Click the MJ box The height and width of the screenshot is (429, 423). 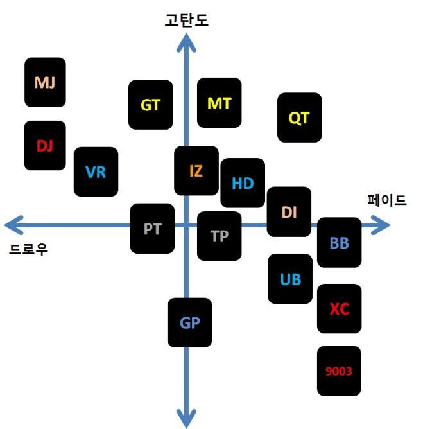tap(45, 82)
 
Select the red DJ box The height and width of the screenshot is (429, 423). tap(45, 145)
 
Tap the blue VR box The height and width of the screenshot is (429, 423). tap(96, 171)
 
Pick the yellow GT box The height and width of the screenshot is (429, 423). tap(151, 105)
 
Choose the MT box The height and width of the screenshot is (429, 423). tap(219, 103)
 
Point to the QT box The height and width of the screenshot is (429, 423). tap(299, 118)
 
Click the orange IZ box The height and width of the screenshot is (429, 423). tap(196, 171)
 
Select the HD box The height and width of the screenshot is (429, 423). tap(243, 183)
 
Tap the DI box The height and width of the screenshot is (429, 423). tap(289, 211)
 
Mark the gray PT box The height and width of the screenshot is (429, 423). tap(152, 228)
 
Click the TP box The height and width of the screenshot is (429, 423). tap(220, 236)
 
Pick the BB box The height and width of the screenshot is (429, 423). tap(339, 243)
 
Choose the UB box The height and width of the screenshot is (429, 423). tap(290, 279)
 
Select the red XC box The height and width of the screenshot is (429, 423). tap(339, 308)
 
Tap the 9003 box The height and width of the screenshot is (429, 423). tap(339, 371)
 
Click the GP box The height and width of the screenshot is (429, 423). tap(190, 322)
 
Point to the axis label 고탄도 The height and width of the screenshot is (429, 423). tap(187, 21)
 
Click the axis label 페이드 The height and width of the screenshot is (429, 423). tap(387, 200)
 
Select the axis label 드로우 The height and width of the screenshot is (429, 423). tap(29, 249)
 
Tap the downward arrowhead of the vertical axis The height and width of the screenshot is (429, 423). tap(187, 417)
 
